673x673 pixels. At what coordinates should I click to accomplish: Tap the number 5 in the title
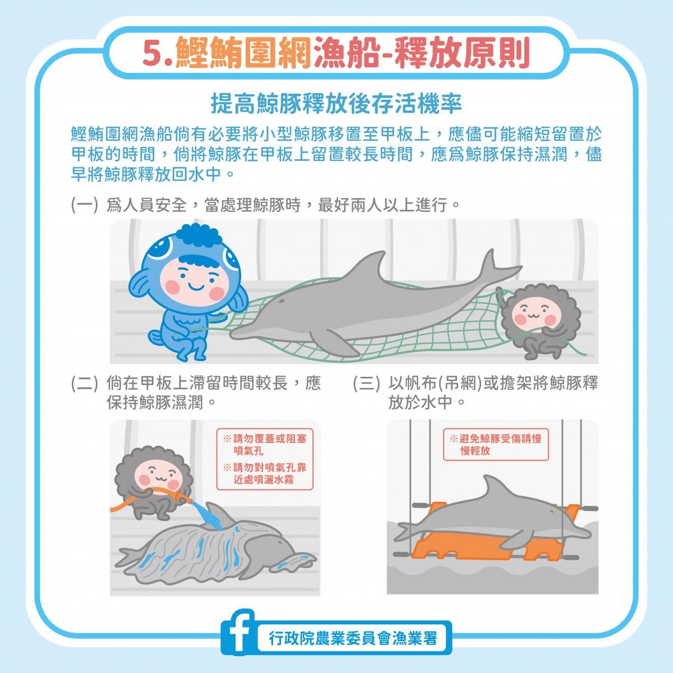coord(153,53)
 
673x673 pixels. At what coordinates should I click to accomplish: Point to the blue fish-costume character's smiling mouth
coord(196,287)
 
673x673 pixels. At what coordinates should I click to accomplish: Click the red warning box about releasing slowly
coord(496,444)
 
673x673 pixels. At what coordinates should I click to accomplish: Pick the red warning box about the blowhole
coord(265,459)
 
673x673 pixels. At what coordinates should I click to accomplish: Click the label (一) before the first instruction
coord(84,205)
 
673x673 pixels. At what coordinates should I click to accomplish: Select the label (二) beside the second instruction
coord(84,383)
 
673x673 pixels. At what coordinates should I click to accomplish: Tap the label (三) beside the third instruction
coord(366,383)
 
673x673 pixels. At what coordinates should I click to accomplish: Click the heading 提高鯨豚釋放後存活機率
coord(336,104)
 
